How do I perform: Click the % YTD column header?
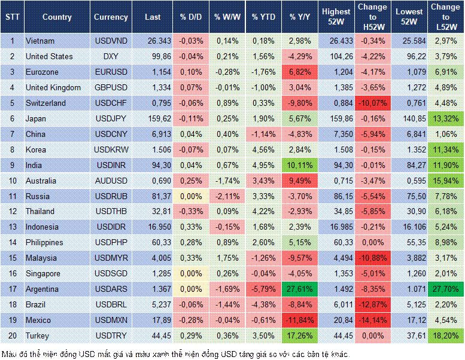click(263, 17)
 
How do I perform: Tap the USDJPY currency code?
click(110, 118)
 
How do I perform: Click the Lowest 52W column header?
click(409, 17)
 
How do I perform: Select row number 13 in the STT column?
click(12, 227)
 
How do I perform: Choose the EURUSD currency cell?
click(110, 72)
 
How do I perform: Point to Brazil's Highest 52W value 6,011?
click(336, 305)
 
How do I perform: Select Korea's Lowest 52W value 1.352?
click(409, 150)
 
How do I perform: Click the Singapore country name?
click(43, 274)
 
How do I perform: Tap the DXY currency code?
click(110, 56)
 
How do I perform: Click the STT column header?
click(12, 17)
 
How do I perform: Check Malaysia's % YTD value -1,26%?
click(263, 258)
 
